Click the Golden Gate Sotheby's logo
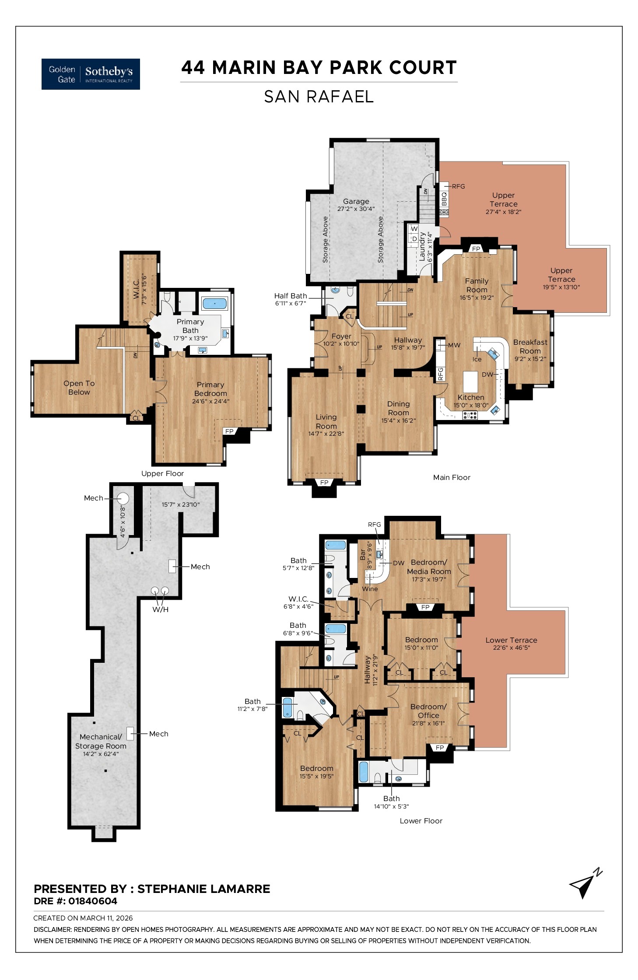pyautogui.click(x=91, y=74)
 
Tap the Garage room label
pyautogui.click(x=356, y=202)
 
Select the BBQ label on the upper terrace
pyautogui.click(x=444, y=199)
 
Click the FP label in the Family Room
pyautogui.click(x=476, y=249)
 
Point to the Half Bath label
pyautogui.click(x=291, y=296)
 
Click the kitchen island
pyautogui.click(x=470, y=381)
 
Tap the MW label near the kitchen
pyautogui.click(x=454, y=345)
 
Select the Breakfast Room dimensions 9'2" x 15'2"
pyautogui.click(x=530, y=359)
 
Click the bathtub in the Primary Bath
pyautogui.click(x=214, y=303)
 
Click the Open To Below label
pyautogui.click(x=79, y=388)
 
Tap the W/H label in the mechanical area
pyautogui.click(x=160, y=609)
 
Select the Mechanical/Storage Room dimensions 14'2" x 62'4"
pyautogui.click(x=101, y=754)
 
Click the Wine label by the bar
pyautogui.click(x=370, y=589)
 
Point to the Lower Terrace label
pyautogui.click(x=511, y=640)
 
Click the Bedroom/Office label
pyautogui.click(x=428, y=711)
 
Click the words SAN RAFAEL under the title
pyautogui.click(x=319, y=97)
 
